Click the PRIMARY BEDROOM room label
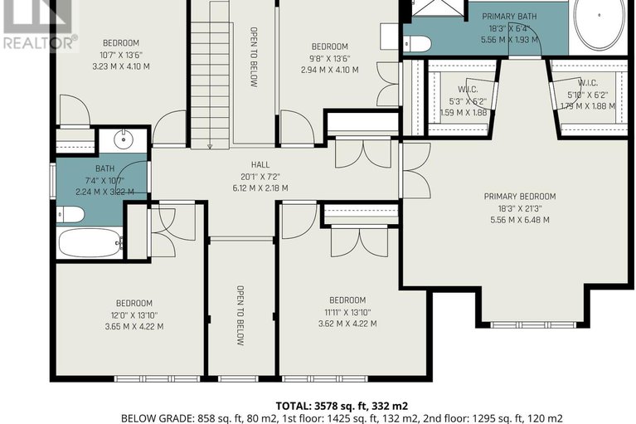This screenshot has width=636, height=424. tap(520, 197)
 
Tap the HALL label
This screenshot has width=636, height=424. tap(260, 165)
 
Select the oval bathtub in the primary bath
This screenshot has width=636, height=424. tap(599, 24)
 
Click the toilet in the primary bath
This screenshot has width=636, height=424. tap(417, 44)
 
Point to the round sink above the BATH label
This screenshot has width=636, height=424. tap(123, 140)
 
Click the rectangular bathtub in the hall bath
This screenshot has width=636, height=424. tap(90, 243)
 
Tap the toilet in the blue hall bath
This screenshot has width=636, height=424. tap(70, 215)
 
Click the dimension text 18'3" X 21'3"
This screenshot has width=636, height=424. tap(520, 208)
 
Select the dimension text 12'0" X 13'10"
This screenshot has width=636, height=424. tap(134, 315)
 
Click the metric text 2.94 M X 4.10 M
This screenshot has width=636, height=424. tap(329, 70)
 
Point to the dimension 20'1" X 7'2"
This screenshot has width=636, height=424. tap(260, 177)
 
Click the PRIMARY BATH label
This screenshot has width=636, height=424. tap(509, 17)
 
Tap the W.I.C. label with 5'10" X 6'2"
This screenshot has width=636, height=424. tap(588, 83)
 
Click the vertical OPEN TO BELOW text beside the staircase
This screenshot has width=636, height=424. tap(254, 57)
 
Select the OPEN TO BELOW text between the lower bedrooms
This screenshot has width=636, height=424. tap(240, 315)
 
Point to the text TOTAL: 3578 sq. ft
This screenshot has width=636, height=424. tap(318, 406)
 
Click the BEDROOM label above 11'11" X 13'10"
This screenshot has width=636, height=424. tap(347, 300)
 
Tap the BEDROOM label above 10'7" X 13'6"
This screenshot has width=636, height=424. tap(121, 43)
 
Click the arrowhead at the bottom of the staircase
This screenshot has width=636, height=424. tap(210, 147)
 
